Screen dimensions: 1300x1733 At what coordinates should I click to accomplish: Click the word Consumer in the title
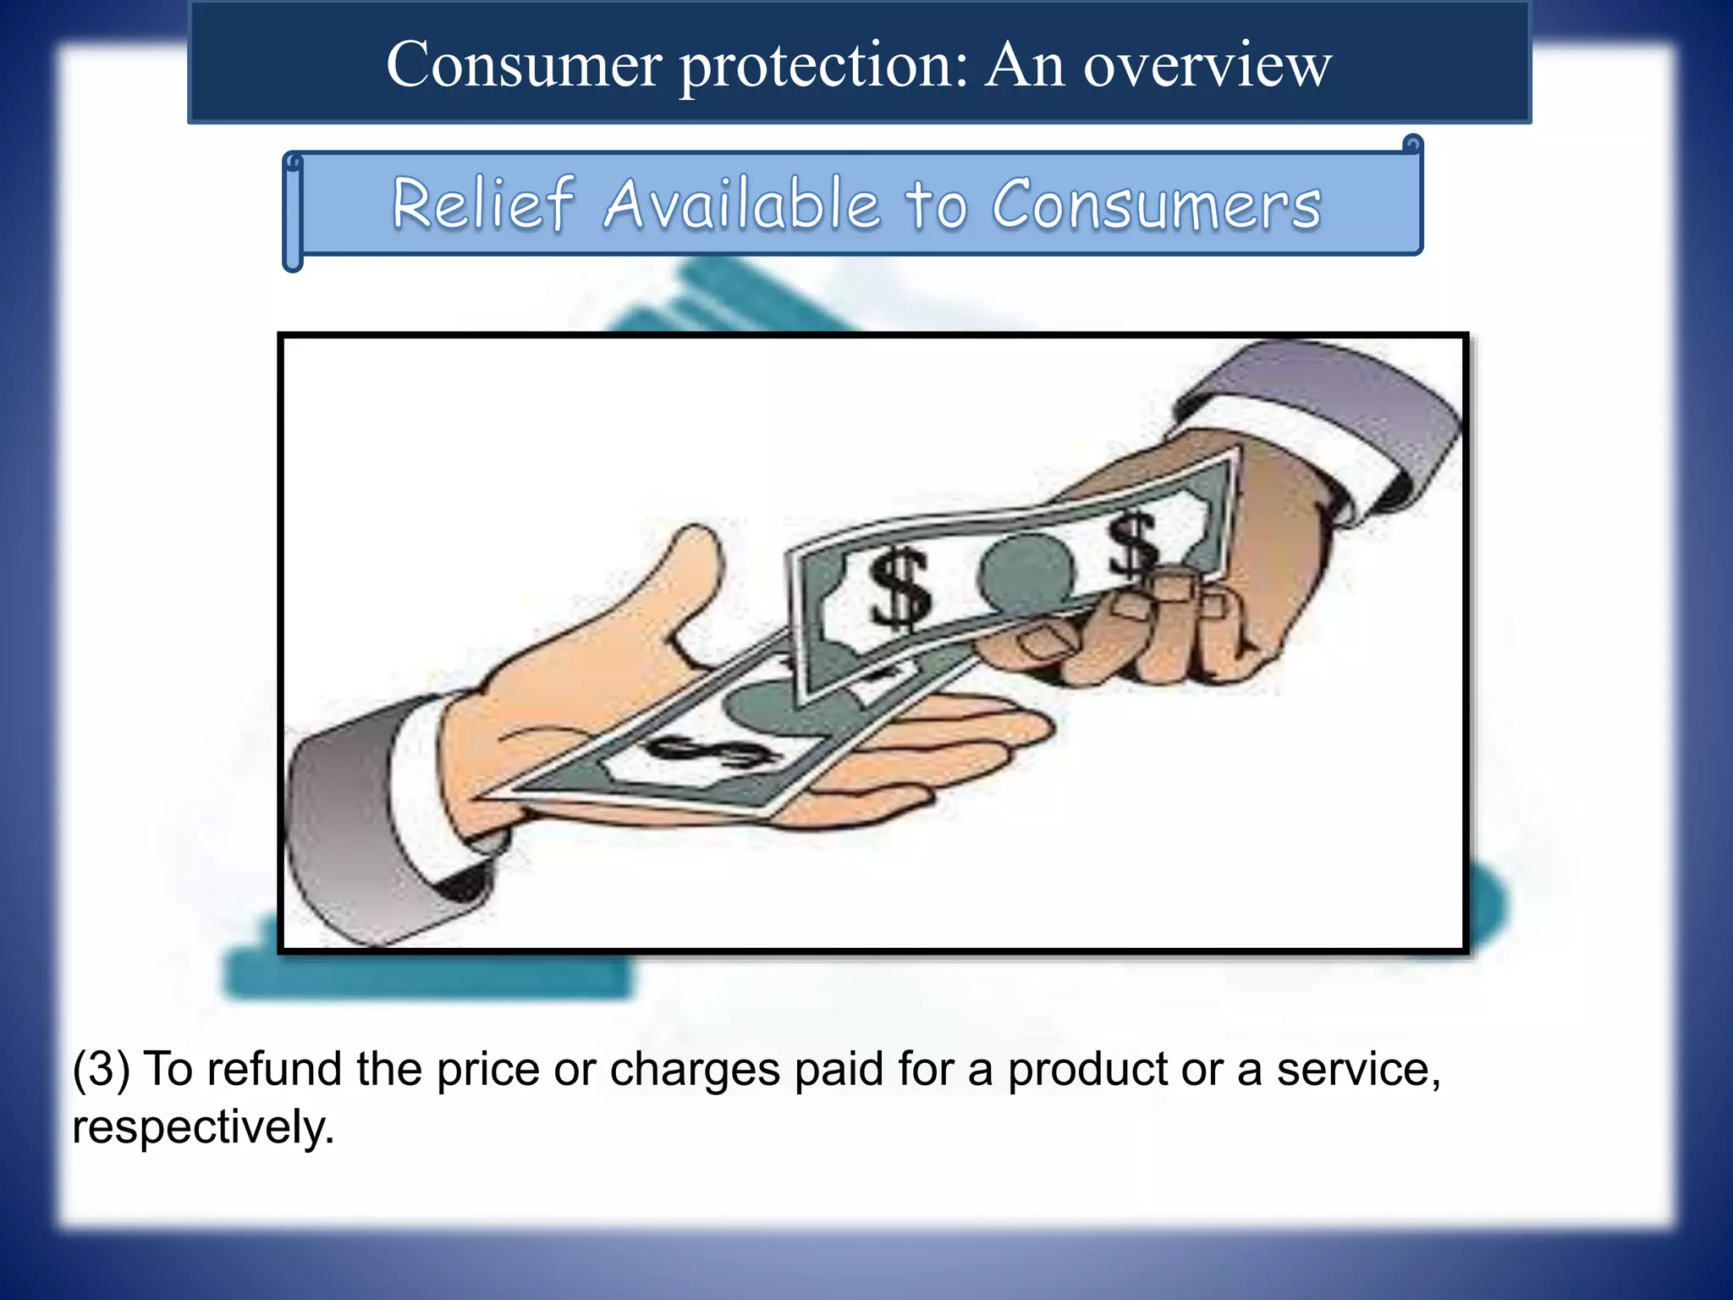click(524, 64)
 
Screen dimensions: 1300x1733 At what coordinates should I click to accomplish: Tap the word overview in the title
click(1208, 64)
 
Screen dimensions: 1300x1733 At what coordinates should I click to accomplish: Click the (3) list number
click(102, 1069)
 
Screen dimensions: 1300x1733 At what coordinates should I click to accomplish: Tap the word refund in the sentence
click(273, 1069)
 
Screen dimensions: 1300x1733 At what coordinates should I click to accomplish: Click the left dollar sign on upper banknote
click(900, 589)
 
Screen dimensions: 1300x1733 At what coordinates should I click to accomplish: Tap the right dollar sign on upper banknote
click(1133, 546)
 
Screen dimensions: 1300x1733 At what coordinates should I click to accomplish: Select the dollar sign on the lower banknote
click(713, 752)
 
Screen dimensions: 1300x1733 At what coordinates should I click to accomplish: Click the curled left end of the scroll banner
click(293, 212)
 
